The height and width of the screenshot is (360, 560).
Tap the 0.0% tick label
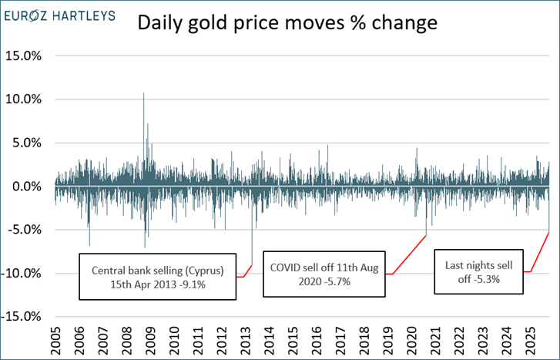click(28, 187)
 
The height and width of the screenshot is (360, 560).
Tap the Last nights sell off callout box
click(478, 272)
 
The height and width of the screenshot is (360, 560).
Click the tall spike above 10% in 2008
click(143, 96)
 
